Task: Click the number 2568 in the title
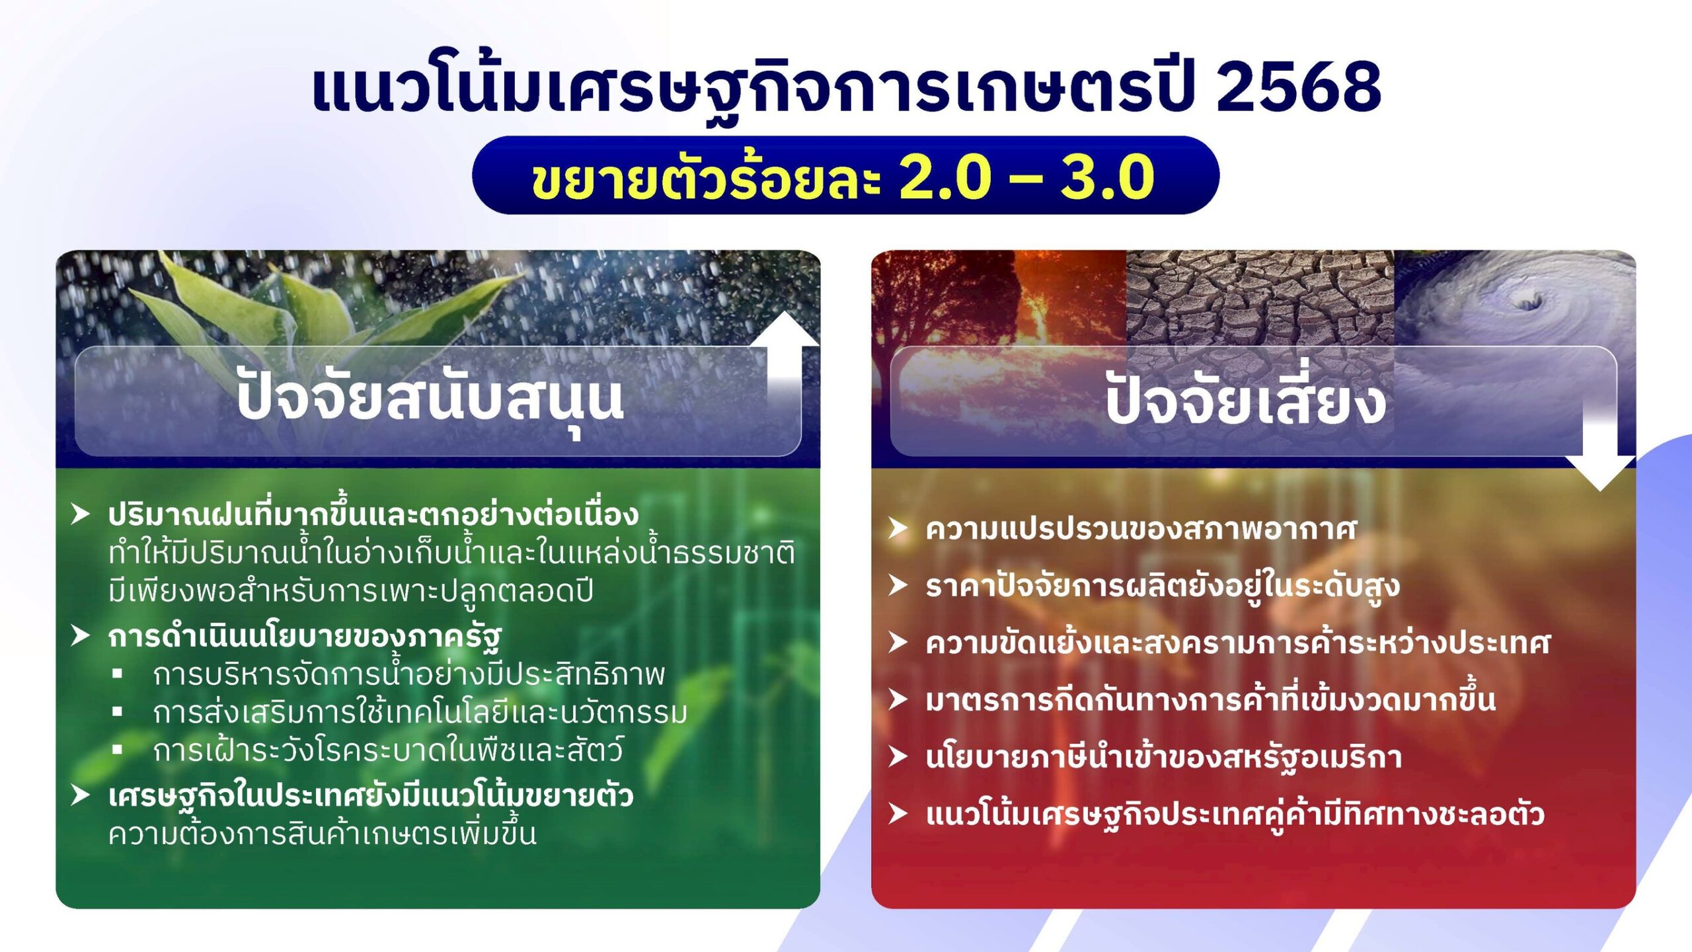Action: (1298, 86)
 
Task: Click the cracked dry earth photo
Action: (1259, 297)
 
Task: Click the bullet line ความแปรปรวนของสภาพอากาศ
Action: (1141, 530)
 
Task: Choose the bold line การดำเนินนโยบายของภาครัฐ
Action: (305, 637)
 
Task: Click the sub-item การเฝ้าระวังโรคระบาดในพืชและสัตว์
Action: (388, 751)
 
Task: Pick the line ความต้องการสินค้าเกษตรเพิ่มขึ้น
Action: (323, 834)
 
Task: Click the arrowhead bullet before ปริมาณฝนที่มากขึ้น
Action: (80, 514)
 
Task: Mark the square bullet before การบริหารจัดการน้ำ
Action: (118, 674)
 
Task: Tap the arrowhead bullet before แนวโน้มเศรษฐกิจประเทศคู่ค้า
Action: (898, 813)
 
